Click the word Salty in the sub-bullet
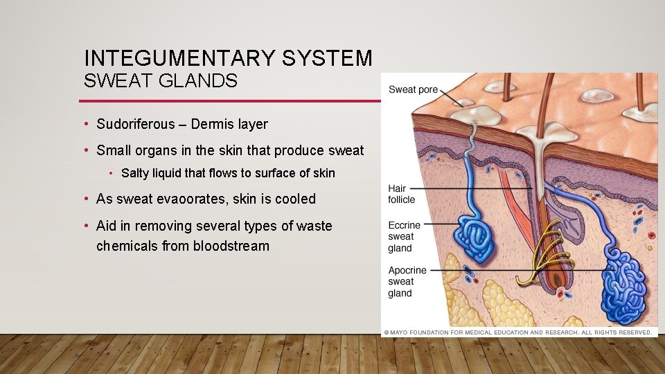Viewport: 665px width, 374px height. point(136,173)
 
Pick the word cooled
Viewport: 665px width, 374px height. point(294,199)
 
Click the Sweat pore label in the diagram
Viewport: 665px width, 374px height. point(413,89)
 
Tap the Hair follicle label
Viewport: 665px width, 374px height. point(402,194)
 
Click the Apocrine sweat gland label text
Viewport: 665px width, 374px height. point(407,281)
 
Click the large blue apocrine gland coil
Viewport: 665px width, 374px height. point(623,284)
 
